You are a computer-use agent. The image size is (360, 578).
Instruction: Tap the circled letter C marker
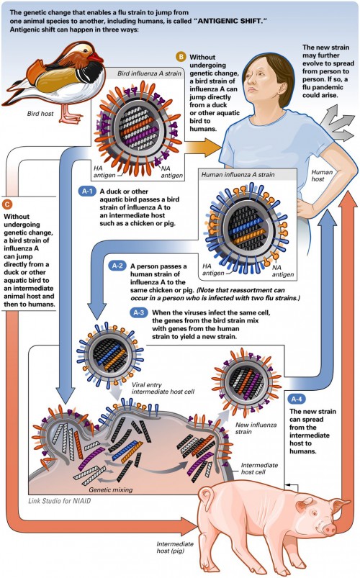click(x=7, y=204)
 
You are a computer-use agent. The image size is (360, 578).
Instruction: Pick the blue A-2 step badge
click(x=117, y=265)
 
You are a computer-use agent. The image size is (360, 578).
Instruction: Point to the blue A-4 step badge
click(x=296, y=399)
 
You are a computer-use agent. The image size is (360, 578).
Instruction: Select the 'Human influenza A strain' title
click(x=239, y=175)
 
